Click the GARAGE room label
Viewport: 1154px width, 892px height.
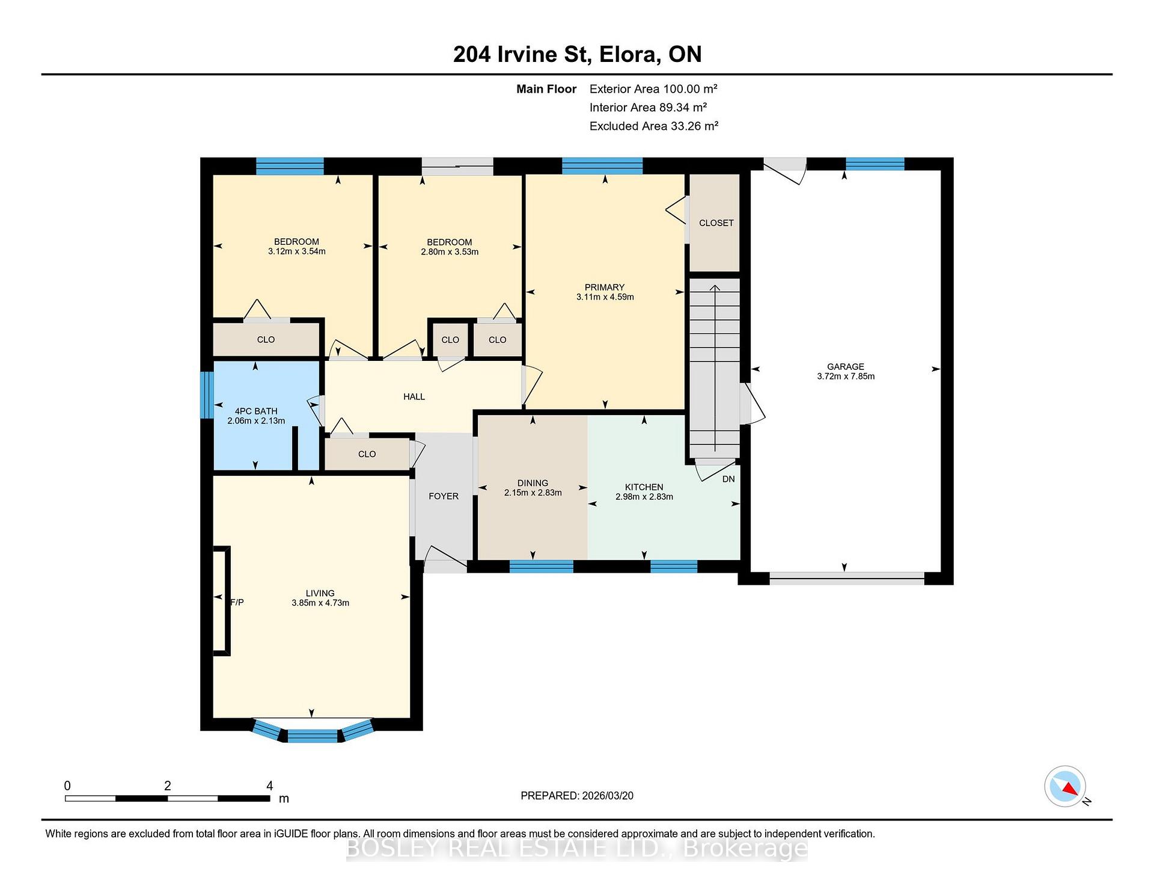(x=846, y=366)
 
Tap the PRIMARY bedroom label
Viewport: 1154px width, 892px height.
(x=605, y=287)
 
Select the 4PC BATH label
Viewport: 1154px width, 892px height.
(x=256, y=411)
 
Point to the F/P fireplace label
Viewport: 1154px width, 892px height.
(x=238, y=602)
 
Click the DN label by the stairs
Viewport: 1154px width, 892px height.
(x=728, y=479)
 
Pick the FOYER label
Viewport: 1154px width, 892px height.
(x=444, y=496)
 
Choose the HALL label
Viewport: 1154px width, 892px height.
(x=414, y=397)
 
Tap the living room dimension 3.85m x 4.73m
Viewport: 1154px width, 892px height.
(x=320, y=603)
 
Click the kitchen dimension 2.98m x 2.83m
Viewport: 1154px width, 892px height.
(x=644, y=497)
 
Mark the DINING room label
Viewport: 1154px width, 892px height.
(x=533, y=483)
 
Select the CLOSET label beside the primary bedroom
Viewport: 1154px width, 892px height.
(x=716, y=223)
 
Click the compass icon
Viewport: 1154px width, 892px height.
(x=1065, y=786)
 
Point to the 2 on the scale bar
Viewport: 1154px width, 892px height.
(x=168, y=786)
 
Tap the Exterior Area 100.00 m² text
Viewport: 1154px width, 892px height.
(x=653, y=89)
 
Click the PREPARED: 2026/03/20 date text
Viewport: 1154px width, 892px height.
(x=577, y=796)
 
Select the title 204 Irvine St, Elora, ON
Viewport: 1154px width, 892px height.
(x=577, y=54)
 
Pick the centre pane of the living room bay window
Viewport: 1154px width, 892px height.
(x=313, y=736)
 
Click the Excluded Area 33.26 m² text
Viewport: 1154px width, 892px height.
(x=654, y=126)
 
